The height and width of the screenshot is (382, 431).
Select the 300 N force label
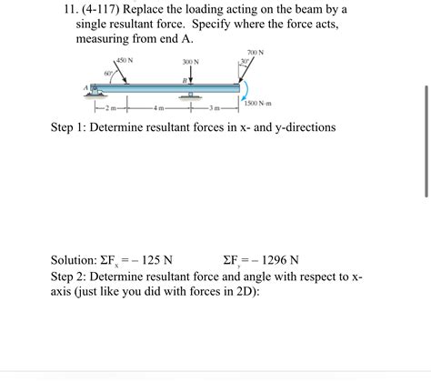(190, 62)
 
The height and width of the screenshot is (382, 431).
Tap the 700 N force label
(255, 52)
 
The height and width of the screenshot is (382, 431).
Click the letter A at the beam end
(88, 88)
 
